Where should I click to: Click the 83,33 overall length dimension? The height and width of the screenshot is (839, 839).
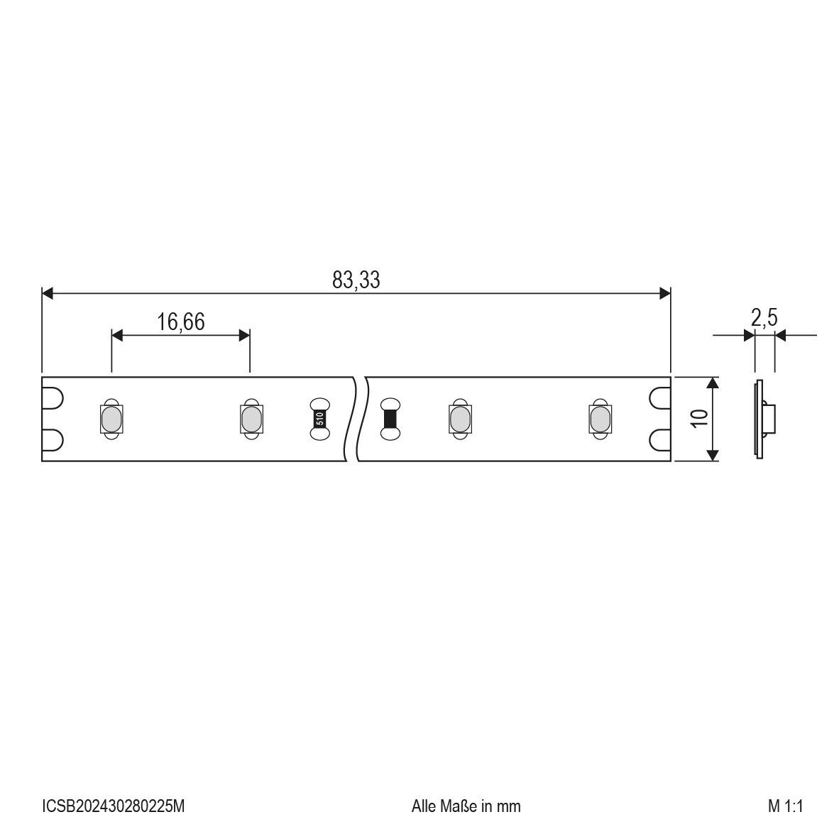[x=356, y=280]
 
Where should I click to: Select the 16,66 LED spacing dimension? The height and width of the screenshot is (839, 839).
[x=181, y=322]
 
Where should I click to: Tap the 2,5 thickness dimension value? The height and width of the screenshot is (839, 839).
[x=764, y=319]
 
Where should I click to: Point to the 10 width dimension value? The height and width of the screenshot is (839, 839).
[x=701, y=418]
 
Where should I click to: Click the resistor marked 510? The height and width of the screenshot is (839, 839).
[x=319, y=419]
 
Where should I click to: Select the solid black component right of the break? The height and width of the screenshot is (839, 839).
[x=390, y=419]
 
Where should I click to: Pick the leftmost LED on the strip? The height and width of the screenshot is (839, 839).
[x=111, y=419]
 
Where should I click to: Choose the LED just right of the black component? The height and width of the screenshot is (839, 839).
[x=459, y=419]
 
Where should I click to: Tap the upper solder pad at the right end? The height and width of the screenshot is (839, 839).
[x=659, y=398]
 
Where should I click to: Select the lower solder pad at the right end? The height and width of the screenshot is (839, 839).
[x=659, y=440]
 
